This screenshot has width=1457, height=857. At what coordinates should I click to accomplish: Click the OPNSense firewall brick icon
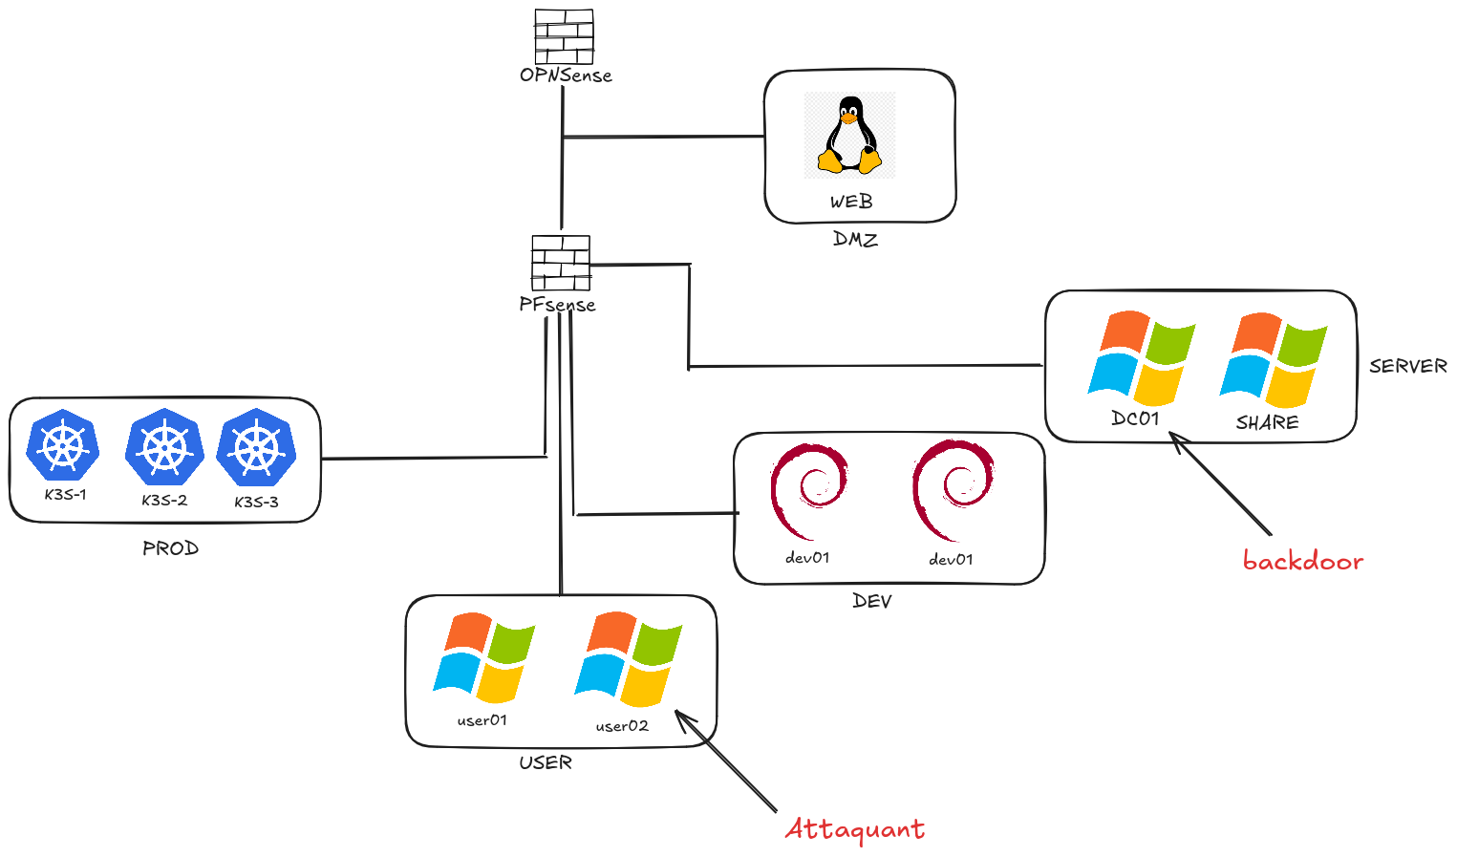(x=564, y=36)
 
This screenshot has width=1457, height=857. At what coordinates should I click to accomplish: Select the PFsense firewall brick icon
(x=561, y=263)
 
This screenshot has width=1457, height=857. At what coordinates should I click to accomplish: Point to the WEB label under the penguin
(x=850, y=202)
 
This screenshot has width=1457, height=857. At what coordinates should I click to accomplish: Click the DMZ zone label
(x=855, y=239)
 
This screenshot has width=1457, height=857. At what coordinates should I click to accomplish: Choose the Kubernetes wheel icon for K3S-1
(x=63, y=446)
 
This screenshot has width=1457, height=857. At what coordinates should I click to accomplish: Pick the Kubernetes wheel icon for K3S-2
(x=164, y=447)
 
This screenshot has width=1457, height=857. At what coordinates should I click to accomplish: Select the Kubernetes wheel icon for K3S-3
(x=256, y=448)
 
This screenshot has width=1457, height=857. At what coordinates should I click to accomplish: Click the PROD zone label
(x=170, y=548)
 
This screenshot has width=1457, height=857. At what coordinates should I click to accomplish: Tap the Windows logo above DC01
(x=1142, y=357)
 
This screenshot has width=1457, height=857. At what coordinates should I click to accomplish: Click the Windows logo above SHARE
(x=1273, y=360)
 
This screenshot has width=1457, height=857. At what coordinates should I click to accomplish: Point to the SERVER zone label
(x=1407, y=366)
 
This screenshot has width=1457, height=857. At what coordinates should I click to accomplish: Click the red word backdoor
(x=1302, y=561)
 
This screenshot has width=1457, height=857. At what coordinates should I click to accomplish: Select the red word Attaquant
(x=854, y=829)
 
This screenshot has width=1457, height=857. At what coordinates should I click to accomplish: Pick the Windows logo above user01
(x=483, y=657)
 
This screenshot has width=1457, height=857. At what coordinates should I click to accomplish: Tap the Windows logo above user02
(x=628, y=659)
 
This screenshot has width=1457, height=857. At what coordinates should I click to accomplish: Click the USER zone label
(x=546, y=762)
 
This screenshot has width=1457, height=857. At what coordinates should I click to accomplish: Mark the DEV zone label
(x=871, y=601)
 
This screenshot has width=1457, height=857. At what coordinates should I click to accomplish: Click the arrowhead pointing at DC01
(x=1176, y=439)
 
